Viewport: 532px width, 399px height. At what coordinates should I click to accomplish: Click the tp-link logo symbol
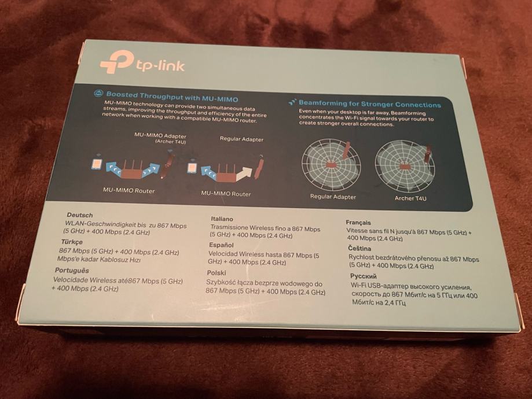pyautogui.click(x=116, y=61)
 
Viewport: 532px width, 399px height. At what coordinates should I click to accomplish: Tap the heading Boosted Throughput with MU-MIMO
pyautogui.click(x=172, y=96)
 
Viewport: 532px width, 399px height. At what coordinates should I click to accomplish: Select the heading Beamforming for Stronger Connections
pyautogui.click(x=370, y=104)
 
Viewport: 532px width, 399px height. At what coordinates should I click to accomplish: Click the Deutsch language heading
pyautogui.click(x=80, y=215)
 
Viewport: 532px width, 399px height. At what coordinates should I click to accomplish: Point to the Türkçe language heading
pyautogui.click(x=72, y=242)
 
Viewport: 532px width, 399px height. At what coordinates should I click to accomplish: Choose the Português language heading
pyautogui.click(x=72, y=271)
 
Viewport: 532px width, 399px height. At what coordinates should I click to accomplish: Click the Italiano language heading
pyautogui.click(x=222, y=219)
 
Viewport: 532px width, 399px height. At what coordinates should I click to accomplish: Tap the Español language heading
pyautogui.click(x=221, y=245)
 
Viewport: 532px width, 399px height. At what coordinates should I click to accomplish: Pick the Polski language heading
pyautogui.click(x=217, y=273)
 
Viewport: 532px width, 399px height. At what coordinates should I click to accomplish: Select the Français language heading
pyautogui.click(x=358, y=223)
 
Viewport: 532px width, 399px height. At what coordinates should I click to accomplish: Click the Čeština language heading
pyautogui.click(x=359, y=249)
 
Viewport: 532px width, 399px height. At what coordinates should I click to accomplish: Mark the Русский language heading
pyautogui.click(x=364, y=276)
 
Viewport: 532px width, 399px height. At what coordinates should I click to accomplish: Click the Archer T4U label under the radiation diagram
pyautogui.click(x=410, y=198)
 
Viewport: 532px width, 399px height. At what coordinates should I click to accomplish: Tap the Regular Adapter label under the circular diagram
pyautogui.click(x=333, y=197)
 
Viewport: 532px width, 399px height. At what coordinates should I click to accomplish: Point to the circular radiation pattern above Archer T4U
pyautogui.click(x=405, y=166)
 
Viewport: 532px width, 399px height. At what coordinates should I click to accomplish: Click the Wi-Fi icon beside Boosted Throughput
pyautogui.click(x=98, y=93)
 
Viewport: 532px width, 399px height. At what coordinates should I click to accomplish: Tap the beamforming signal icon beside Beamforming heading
pyautogui.click(x=292, y=102)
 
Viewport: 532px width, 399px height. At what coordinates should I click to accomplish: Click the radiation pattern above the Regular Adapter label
pyautogui.click(x=331, y=164)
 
